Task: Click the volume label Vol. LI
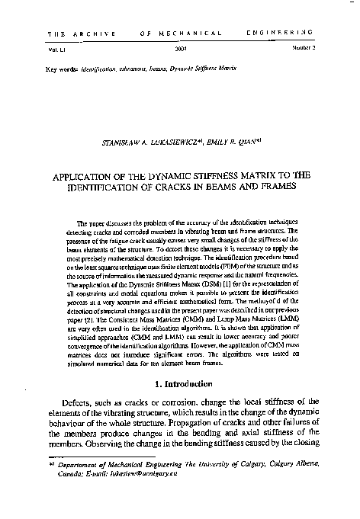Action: click(56, 48)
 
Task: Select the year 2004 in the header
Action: click(182, 48)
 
